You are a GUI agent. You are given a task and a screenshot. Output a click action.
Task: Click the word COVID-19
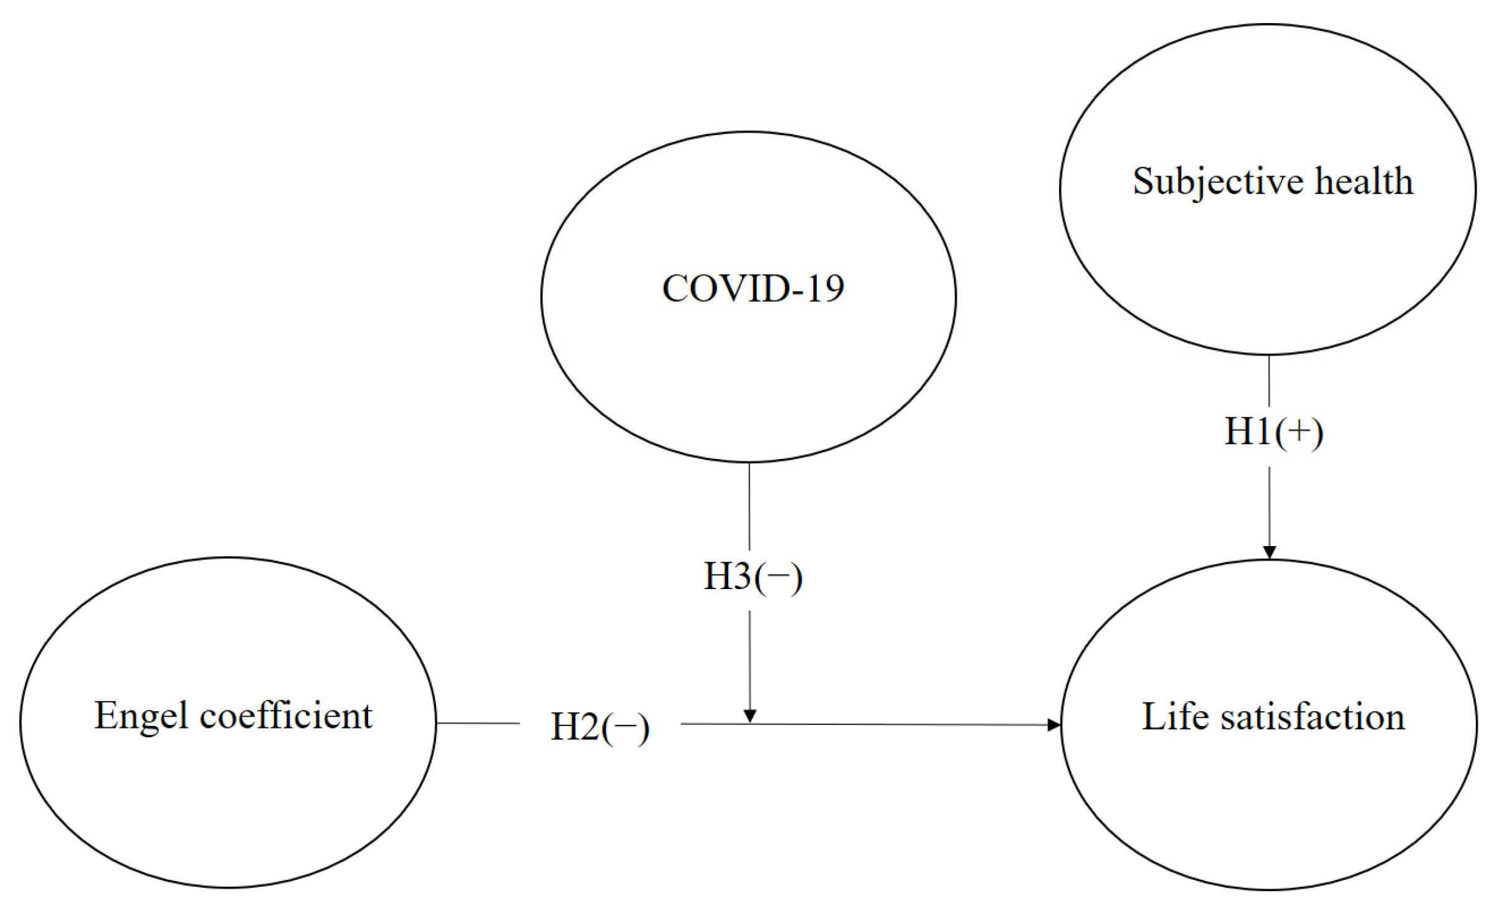coord(753,288)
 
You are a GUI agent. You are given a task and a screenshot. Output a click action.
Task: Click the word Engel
coord(141,715)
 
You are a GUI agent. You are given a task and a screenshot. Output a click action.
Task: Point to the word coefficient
coord(286,715)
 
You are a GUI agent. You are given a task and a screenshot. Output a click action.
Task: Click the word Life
coord(1174,717)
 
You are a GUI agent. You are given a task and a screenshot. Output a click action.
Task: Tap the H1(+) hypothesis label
coord(1273,432)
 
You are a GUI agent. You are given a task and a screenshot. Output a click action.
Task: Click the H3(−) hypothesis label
coord(753,576)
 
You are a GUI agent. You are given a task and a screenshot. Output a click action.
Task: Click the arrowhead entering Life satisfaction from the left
coord(1053,724)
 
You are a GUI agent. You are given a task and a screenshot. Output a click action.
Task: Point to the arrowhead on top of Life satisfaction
coord(1270,552)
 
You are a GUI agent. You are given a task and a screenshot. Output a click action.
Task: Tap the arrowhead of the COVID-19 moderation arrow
coord(750,715)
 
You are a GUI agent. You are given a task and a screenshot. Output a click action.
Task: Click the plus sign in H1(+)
coord(1298,432)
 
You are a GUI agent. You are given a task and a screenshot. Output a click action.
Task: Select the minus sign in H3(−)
coord(778,577)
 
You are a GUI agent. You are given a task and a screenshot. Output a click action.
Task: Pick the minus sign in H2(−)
coord(625,727)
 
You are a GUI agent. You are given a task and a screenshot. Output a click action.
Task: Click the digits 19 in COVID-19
coord(826,288)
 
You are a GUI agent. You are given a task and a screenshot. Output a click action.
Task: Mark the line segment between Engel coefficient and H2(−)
coord(478,723)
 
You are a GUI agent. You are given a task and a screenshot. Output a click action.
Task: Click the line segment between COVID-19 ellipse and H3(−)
coord(749,506)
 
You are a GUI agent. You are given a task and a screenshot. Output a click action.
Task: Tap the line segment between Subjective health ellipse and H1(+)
coord(1269,380)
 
